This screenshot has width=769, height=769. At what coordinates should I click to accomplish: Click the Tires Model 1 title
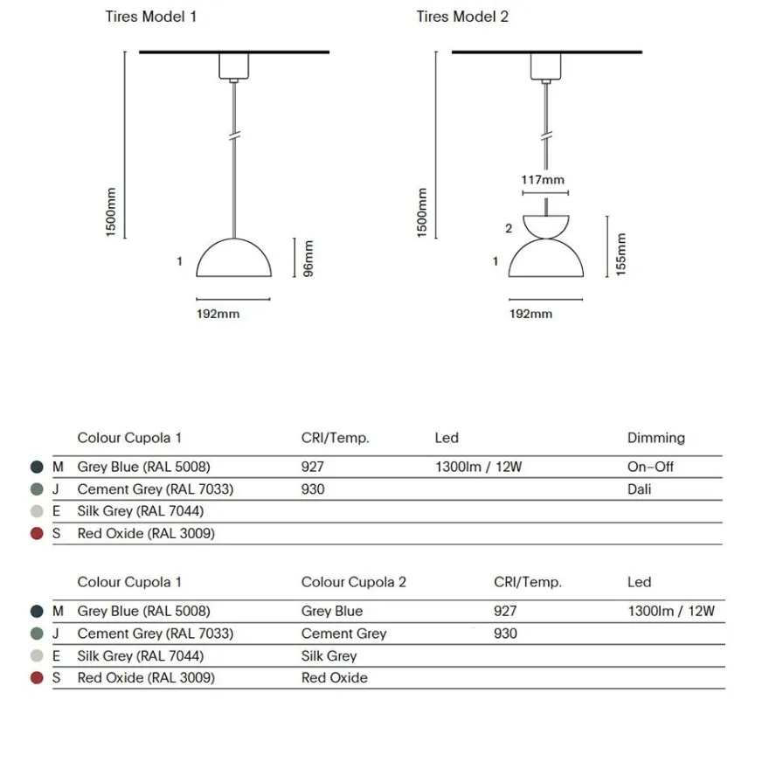[150, 17]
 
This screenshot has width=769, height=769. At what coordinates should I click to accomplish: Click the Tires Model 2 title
[462, 17]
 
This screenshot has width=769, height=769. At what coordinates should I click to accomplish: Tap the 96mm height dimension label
[308, 259]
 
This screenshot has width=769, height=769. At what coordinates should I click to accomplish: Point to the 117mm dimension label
[543, 180]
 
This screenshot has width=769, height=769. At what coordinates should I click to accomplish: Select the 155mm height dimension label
[620, 254]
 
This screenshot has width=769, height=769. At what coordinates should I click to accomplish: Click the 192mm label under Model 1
[218, 314]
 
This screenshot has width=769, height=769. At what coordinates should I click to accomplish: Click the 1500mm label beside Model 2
[422, 212]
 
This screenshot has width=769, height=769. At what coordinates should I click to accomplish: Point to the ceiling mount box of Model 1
[234, 66]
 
